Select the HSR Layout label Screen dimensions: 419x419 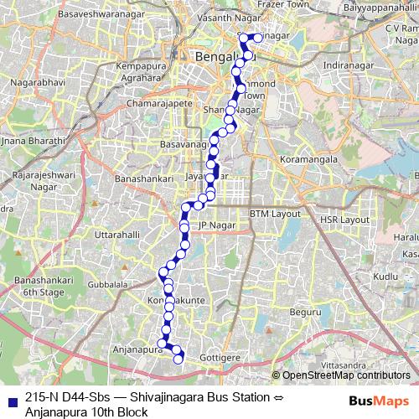click(344, 220)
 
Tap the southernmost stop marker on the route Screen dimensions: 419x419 click(178, 360)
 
